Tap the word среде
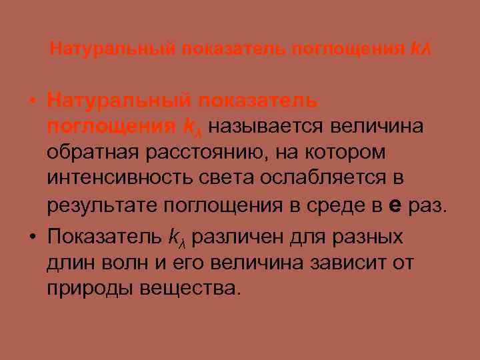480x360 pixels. click(340, 207)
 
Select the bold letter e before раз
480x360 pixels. click(395, 207)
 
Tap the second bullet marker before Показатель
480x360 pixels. click(33, 235)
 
